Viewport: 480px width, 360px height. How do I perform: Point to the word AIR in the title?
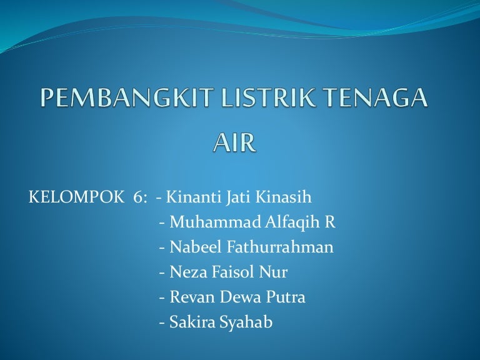[x=234, y=143]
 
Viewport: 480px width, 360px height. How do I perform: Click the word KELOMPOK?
[x=76, y=198]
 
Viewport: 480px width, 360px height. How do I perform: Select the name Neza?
[x=186, y=272]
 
